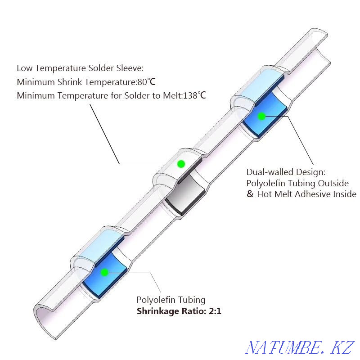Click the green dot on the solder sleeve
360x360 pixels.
pos(181,164)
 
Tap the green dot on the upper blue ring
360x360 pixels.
pos(261,117)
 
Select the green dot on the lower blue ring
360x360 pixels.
pos(105,273)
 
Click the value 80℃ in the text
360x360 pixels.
pos(146,82)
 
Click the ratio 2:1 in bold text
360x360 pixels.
pos(215,311)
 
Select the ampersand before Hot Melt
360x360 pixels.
pos(250,194)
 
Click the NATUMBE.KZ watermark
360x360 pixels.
pos(300,347)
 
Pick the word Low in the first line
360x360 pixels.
pos(25,68)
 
